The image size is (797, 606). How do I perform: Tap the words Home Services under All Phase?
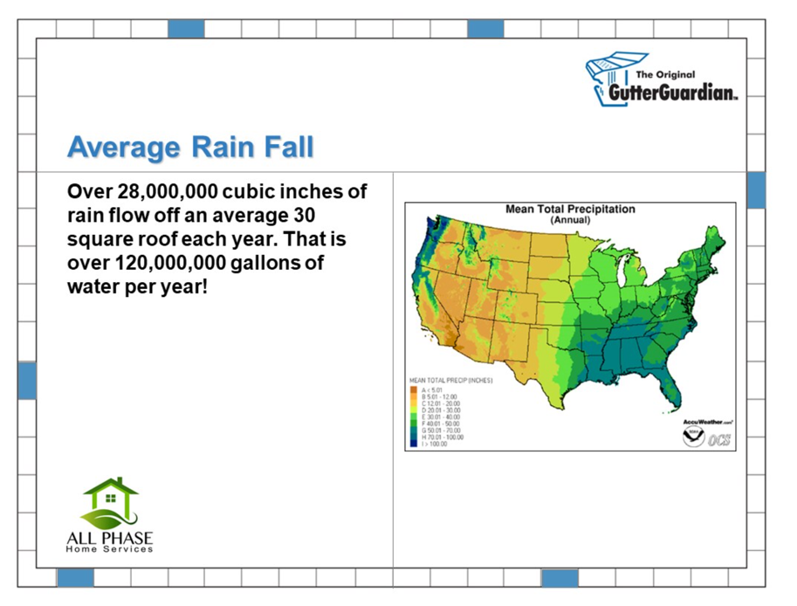(110, 548)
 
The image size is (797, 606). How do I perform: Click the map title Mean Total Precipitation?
(570, 210)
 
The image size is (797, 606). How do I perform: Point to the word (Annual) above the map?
(570, 220)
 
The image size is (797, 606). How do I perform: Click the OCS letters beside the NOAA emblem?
(718, 438)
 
